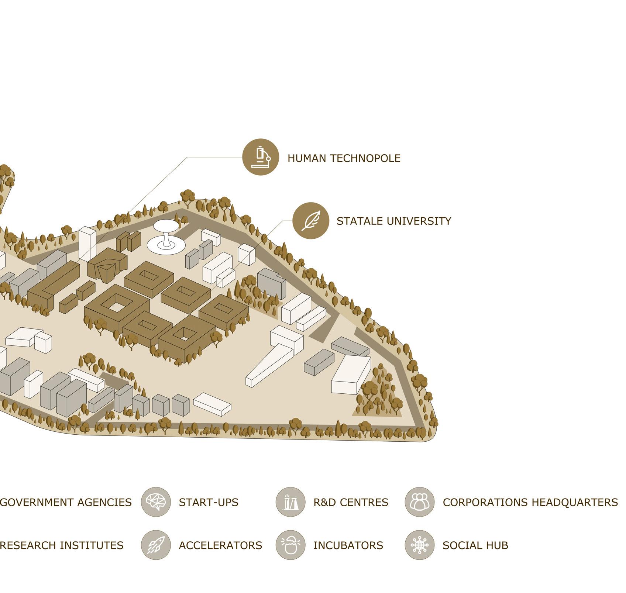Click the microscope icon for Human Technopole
click(x=261, y=157)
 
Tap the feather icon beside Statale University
click(x=311, y=221)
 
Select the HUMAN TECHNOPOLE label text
click(x=344, y=158)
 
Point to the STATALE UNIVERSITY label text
click(x=393, y=221)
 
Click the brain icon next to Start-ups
click(x=156, y=502)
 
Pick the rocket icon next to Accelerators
click(x=156, y=545)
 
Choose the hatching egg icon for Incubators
click(x=290, y=545)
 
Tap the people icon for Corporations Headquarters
click(x=420, y=502)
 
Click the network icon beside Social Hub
click(x=420, y=545)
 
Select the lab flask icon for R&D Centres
click(x=290, y=502)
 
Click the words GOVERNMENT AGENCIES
click(x=66, y=502)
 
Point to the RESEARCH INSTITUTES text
click(x=61, y=545)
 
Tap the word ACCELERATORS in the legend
click(x=220, y=545)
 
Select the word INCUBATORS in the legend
click(x=348, y=545)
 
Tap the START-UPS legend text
click(x=209, y=502)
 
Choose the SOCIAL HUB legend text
click(x=475, y=545)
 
